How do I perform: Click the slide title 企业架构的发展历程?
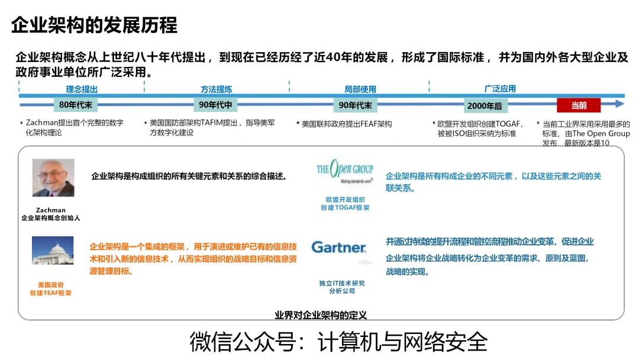(95, 25)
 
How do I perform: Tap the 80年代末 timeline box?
(76, 105)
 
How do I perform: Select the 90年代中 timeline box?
(216, 105)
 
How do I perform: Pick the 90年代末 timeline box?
(356, 105)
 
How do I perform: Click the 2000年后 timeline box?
(485, 105)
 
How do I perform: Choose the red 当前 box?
(578, 105)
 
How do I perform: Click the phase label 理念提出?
(82, 89)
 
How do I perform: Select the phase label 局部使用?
(360, 89)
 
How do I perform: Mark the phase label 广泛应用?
(500, 89)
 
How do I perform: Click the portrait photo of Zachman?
(53, 178)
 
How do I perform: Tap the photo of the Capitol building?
(53, 250)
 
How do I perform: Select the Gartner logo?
(338, 247)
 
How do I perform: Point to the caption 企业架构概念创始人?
(50, 218)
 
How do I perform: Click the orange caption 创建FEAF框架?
(51, 293)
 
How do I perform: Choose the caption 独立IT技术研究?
(342, 283)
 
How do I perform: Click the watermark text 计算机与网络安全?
(402, 342)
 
